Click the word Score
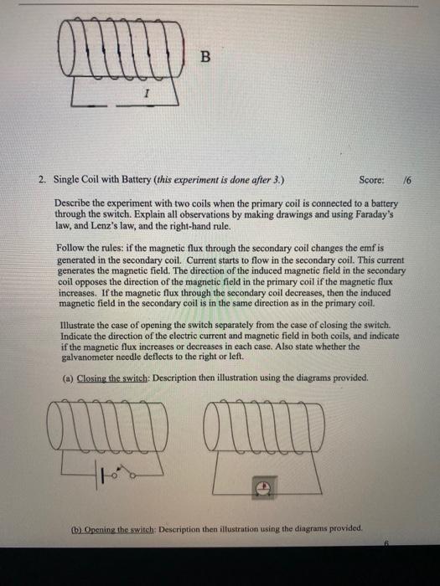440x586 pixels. pos(371,180)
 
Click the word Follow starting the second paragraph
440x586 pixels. pos(70,249)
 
